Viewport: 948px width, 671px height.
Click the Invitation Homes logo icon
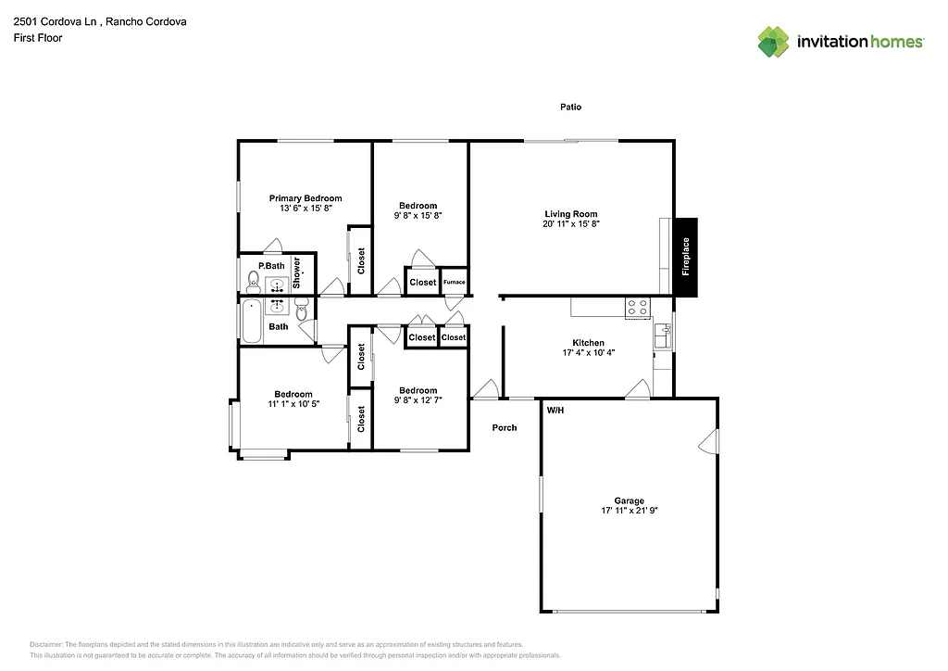coord(773,42)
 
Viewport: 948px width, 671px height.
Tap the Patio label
coord(570,108)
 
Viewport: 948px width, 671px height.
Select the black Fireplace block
coord(685,258)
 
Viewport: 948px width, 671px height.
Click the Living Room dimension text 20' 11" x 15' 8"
coord(571,224)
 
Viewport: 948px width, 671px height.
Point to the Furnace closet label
coord(454,282)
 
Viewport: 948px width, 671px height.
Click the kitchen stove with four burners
coord(637,308)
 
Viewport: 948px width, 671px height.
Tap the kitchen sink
coord(662,335)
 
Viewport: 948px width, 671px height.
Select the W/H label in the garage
coord(555,410)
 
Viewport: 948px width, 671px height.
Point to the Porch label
coord(505,427)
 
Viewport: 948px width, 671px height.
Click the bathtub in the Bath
coord(252,321)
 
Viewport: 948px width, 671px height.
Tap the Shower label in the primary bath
coord(298,270)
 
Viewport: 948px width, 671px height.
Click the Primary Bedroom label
coord(306,198)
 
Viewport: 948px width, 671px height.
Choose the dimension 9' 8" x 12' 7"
coord(418,400)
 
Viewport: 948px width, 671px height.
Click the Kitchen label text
coord(588,343)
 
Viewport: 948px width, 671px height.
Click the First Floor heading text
coord(38,38)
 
